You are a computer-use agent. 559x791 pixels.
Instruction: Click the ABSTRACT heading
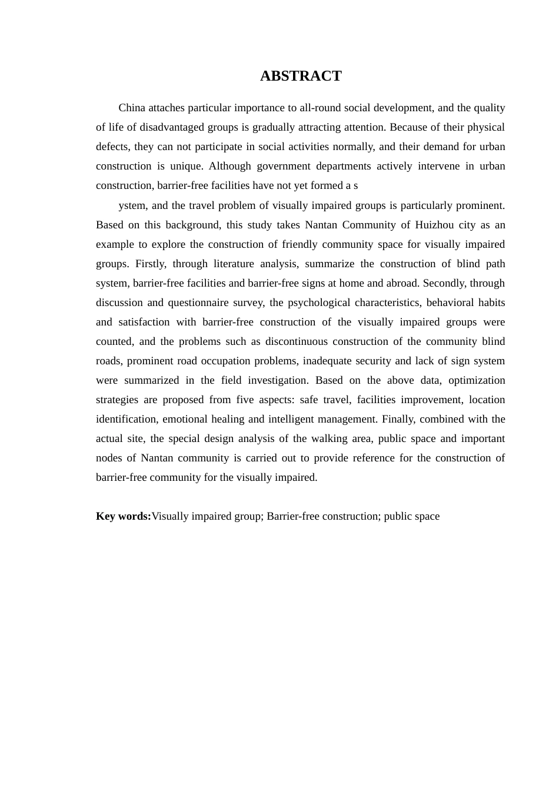[301, 76]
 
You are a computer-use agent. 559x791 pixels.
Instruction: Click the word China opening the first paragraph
[132, 108]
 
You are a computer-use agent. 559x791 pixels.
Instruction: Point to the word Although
[229, 166]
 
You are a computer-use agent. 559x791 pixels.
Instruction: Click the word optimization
[477, 380]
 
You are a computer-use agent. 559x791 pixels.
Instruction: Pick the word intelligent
[282, 419]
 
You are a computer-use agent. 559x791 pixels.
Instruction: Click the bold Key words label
[124, 516]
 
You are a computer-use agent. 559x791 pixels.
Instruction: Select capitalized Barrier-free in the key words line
[292, 516]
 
